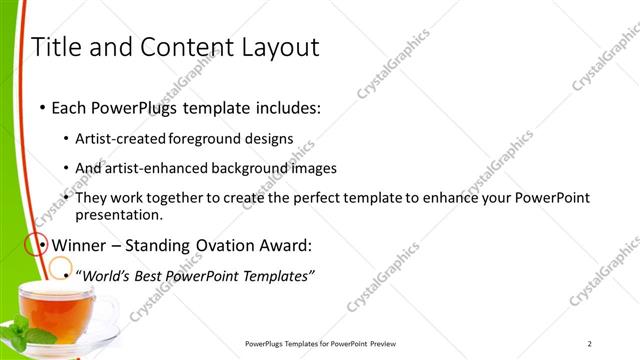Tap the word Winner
click(x=80, y=244)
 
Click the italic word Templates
click(x=280, y=274)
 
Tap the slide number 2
click(x=590, y=343)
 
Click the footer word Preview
click(x=389, y=343)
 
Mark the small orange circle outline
click(x=61, y=267)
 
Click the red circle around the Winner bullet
click(x=35, y=243)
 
